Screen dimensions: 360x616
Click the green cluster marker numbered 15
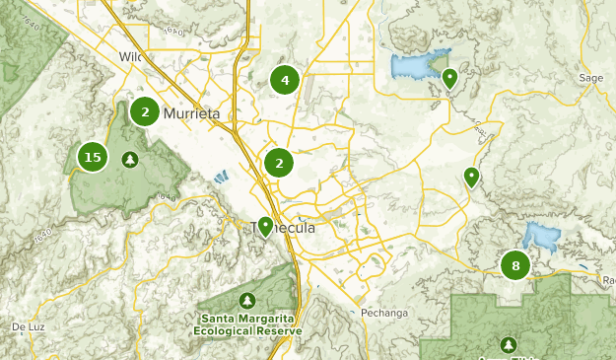[93, 157]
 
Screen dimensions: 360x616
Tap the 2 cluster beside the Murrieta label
[145, 112]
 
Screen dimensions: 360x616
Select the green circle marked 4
[284, 81]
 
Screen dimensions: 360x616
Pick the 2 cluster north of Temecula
[280, 164]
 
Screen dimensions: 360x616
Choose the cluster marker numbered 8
[514, 265]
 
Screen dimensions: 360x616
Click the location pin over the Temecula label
[265, 227]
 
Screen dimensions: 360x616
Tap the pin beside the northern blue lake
[449, 77]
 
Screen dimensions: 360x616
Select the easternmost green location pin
[471, 178]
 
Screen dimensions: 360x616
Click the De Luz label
[30, 326]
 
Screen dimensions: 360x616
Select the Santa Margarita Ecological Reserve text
[247, 324]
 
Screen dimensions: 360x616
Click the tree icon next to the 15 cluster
[129, 158]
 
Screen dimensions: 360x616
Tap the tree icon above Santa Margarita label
[246, 300]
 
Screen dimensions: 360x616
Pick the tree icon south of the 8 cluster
[509, 345]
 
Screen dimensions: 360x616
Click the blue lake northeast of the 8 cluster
[540, 236]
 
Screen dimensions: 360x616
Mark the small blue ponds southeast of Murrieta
[219, 179]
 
